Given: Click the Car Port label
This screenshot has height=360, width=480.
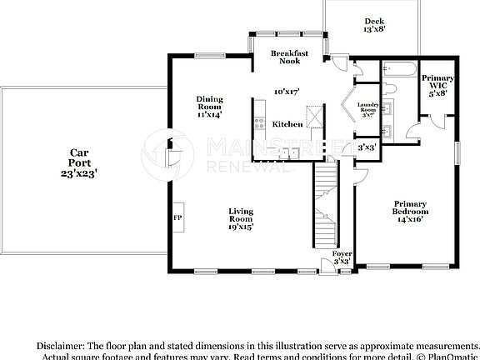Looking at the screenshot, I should coord(79,163).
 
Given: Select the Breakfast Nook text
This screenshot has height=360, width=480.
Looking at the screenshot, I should coord(290,57).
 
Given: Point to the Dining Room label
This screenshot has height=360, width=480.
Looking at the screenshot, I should coord(209,106).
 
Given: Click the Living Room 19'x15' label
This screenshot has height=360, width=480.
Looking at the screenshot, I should coord(241,218).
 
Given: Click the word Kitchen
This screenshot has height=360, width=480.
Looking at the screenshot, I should coord(287,124).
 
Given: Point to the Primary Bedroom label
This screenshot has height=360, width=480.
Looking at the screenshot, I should coord(410,211).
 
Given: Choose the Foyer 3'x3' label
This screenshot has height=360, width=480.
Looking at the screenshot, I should coord(342,257).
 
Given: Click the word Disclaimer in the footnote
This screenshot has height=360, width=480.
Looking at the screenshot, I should coord(60,345).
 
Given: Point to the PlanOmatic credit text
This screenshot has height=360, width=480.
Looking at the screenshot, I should coord(449,357).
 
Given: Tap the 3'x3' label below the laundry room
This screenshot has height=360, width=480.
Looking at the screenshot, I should coord(366,147).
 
